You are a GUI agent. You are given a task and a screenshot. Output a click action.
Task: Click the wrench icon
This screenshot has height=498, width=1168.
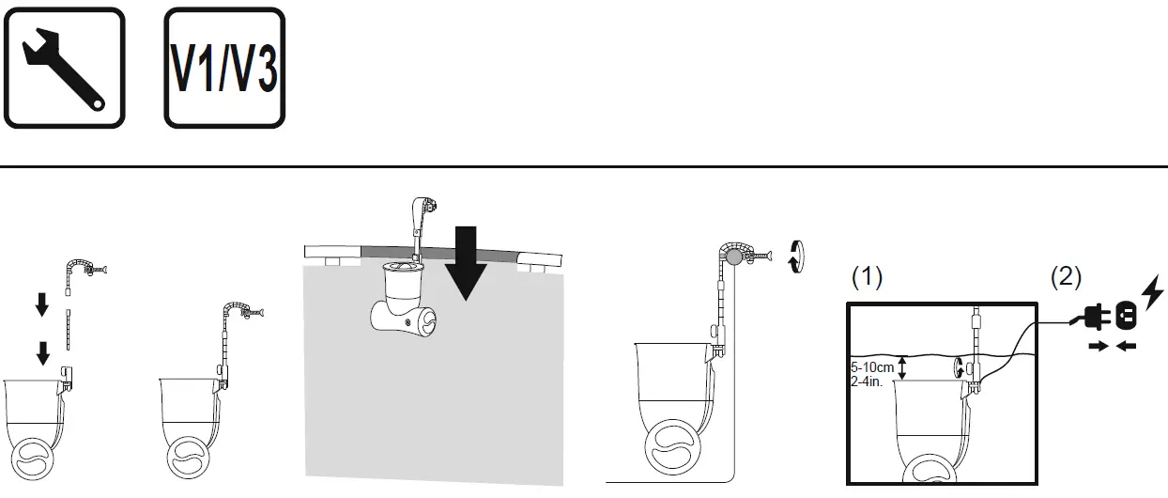[63, 67]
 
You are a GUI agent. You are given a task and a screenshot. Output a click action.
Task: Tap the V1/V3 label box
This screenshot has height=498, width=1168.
[225, 67]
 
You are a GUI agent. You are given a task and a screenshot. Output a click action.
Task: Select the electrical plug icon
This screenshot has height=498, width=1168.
[1093, 318]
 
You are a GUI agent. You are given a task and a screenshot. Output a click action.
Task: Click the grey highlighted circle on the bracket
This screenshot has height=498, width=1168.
[731, 255]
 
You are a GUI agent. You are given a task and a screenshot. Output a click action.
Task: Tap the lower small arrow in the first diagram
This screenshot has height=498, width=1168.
[41, 353]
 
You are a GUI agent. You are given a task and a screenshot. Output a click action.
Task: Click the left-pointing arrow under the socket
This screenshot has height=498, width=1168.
[1127, 346]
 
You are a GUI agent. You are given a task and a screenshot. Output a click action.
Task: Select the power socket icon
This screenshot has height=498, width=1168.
[1124, 317]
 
